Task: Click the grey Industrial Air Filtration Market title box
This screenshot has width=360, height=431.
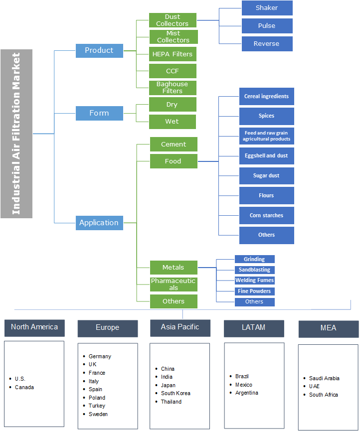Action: pos(16,134)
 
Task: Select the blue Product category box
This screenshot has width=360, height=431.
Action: pos(99,50)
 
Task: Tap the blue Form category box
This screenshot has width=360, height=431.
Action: pos(99,113)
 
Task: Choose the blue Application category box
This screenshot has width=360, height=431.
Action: pos(99,223)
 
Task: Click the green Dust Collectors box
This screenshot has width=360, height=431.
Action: pos(173,20)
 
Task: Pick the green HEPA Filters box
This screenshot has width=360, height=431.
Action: pos(173,54)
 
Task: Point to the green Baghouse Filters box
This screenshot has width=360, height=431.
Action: pos(173,88)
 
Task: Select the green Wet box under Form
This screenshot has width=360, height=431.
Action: pos(172,122)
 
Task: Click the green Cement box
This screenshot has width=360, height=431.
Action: pos(174,144)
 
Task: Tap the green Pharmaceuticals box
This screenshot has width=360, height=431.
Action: pos(174,285)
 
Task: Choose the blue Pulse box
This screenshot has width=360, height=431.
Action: pos(267,26)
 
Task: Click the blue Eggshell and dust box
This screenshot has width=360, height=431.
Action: pos(266,156)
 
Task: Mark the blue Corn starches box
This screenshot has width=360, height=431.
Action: pos(266,216)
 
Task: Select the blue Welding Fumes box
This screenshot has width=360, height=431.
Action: pos(254,281)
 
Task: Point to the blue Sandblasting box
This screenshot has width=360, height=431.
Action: pos(254,270)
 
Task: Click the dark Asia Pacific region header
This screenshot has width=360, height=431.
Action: pos(180,327)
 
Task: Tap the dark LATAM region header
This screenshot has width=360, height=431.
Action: pos(254,328)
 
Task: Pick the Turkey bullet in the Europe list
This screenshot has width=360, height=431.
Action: pos(97,406)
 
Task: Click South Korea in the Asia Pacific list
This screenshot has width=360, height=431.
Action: pos(176,394)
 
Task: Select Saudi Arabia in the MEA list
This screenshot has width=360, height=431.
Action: pos(324,378)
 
